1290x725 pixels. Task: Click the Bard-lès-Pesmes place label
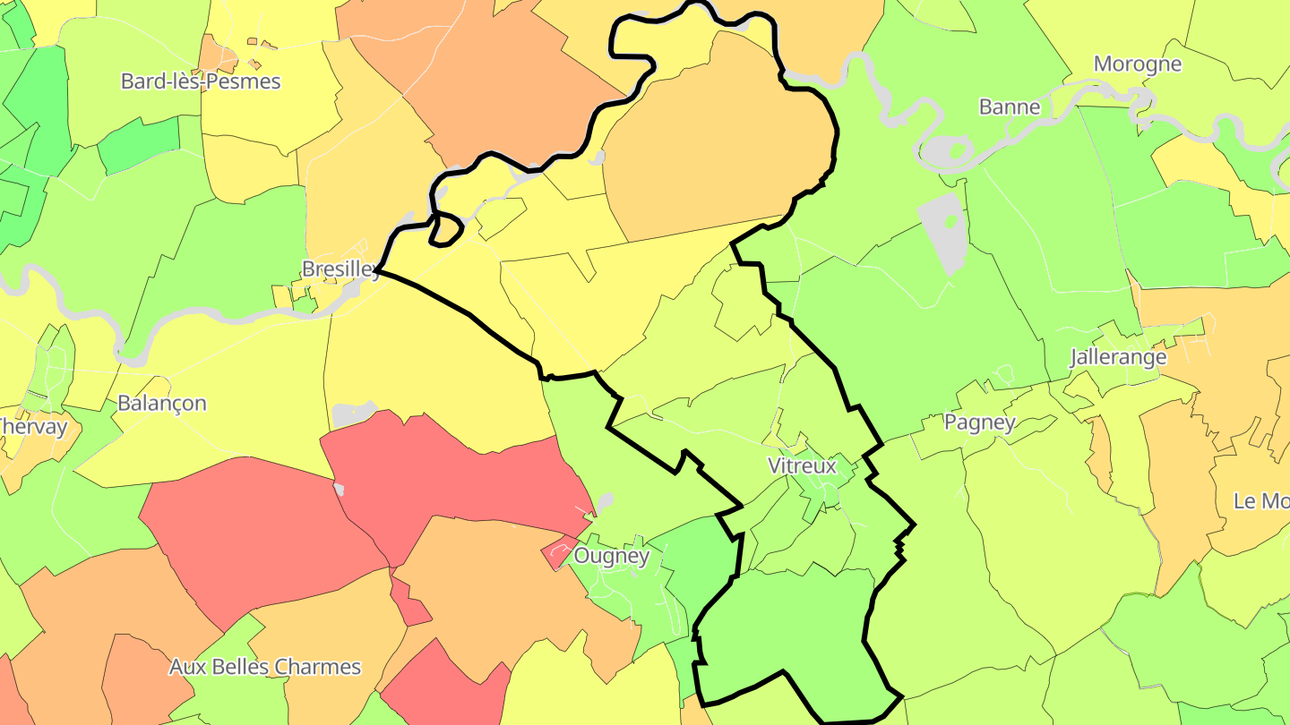201,81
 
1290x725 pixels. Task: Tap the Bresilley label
340,269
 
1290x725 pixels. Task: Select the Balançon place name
162,404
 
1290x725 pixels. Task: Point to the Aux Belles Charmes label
265,667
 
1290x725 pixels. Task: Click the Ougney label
611,556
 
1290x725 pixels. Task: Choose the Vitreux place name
802,465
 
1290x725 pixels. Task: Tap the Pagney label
980,422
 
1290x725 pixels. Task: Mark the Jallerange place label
1118,358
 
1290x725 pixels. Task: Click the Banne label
1010,107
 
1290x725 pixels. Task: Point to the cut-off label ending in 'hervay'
33,427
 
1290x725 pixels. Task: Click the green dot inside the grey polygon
951,219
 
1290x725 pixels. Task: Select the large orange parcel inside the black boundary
717,143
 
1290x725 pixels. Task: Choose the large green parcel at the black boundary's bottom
788,627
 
